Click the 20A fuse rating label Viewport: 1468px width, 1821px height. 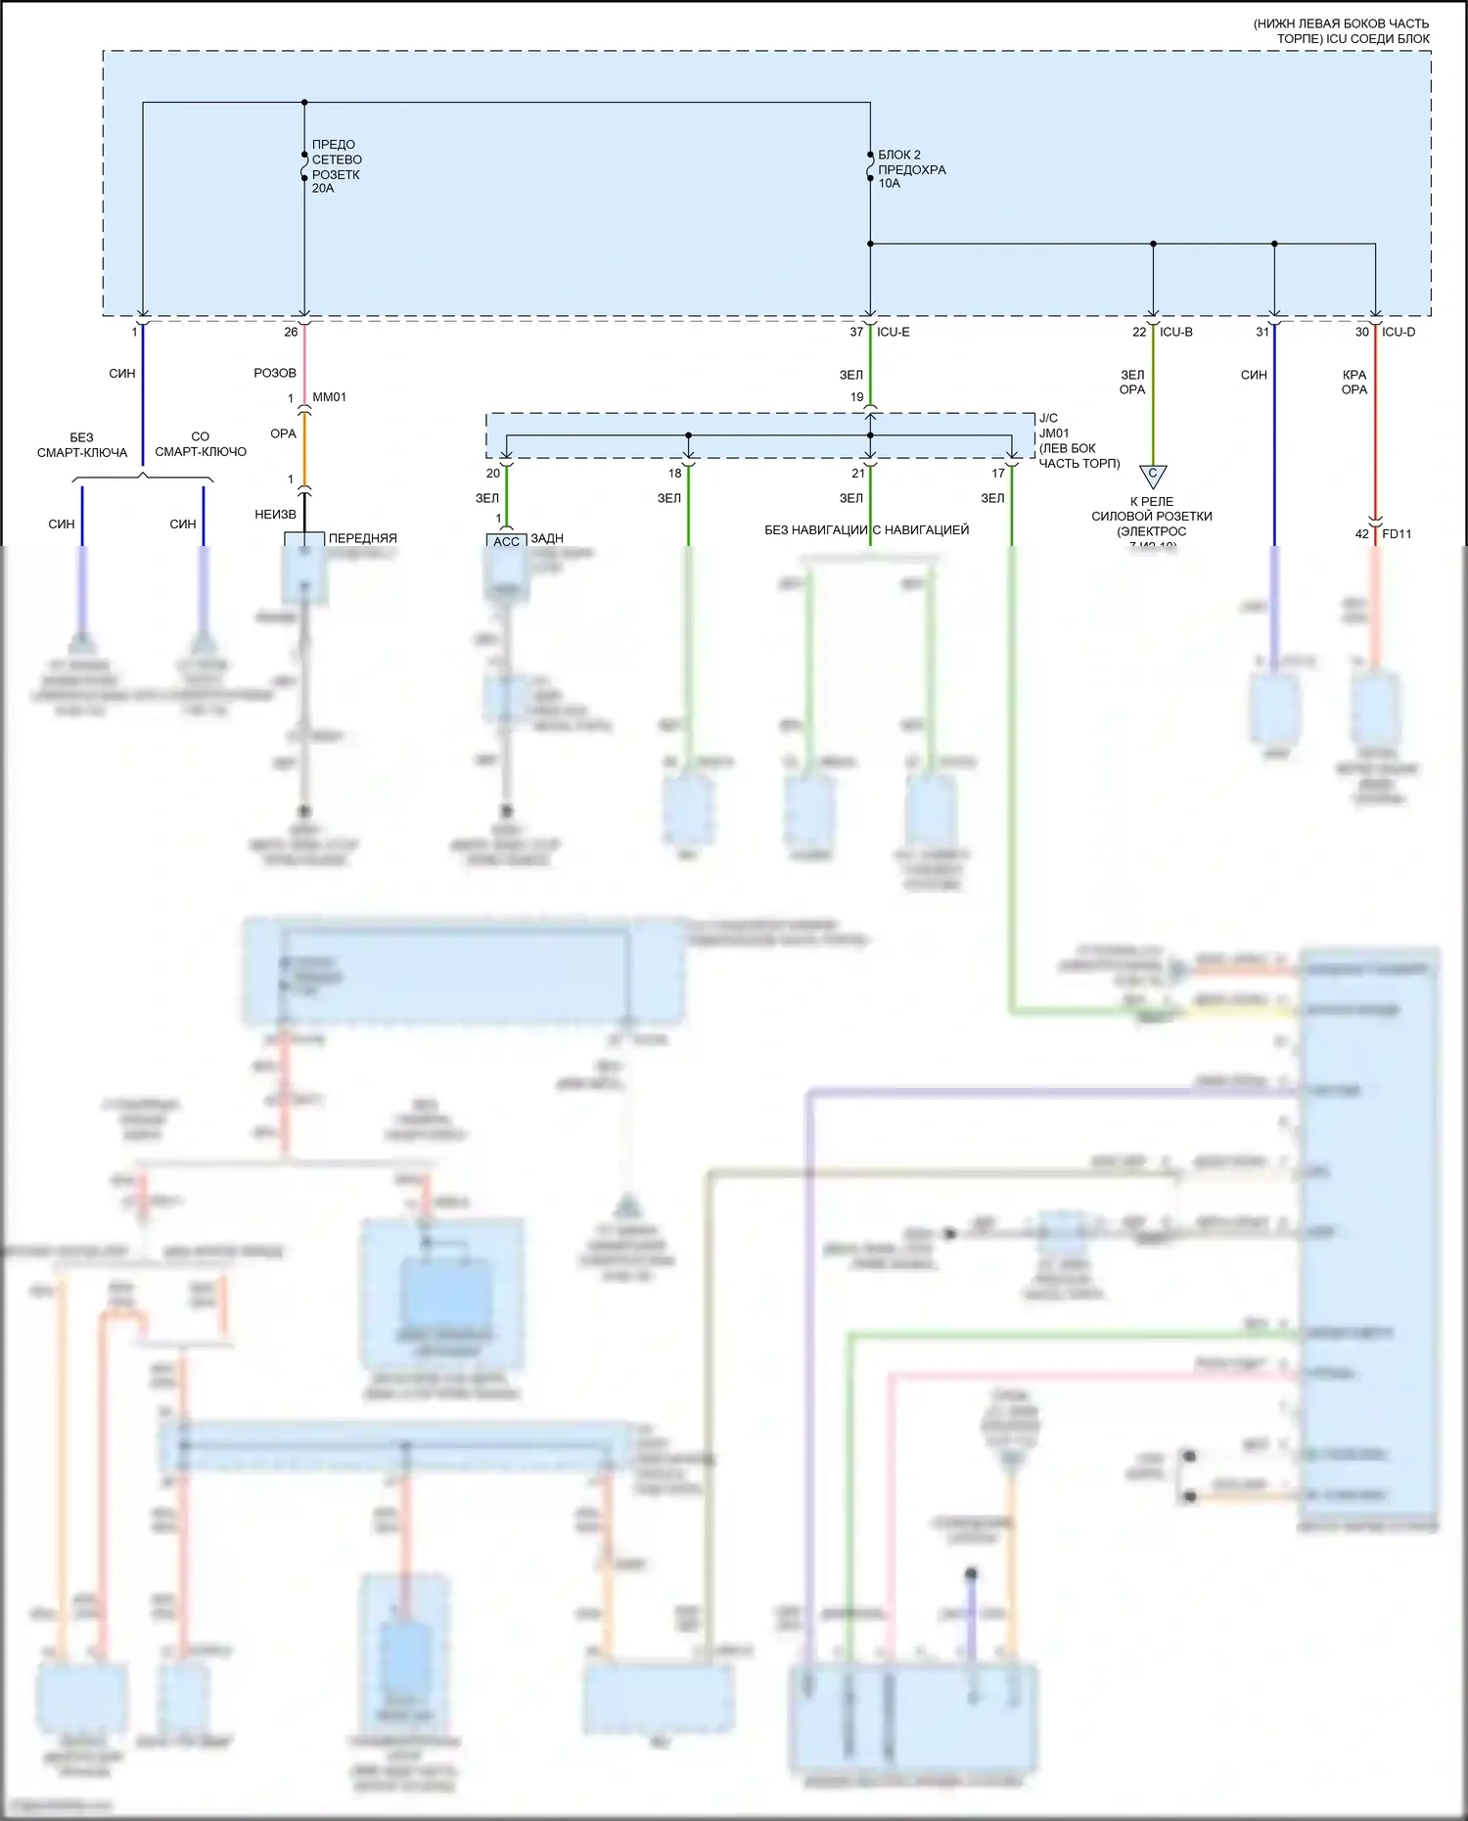click(x=323, y=189)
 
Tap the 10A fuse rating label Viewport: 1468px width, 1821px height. click(x=889, y=184)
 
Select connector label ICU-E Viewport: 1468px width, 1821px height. click(x=894, y=333)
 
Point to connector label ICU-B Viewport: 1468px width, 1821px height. click(x=1176, y=333)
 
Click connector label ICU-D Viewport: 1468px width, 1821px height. click(x=1399, y=333)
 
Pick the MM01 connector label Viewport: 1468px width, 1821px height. click(x=330, y=397)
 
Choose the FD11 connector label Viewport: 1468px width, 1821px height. click(x=1397, y=534)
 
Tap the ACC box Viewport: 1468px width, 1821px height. click(x=506, y=541)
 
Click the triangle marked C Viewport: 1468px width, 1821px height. click(x=1153, y=476)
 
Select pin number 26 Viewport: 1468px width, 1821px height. click(x=291, y=333)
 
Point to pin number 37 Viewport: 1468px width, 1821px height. click(x=856, y=333)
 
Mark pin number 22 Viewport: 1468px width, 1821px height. click(x=1139, y=333)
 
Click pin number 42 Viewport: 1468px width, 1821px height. click(x=1362, y=534)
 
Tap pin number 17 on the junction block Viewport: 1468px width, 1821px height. click(x=998, y=474)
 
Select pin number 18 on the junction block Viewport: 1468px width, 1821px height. click(x=675, y=474)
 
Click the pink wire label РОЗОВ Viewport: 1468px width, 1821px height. click(x=275, y=373)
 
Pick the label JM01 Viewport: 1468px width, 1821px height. click(x=1054, y=433)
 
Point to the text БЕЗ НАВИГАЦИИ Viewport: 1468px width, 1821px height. click(x=816, y=530)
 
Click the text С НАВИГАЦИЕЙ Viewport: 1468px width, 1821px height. click(x=921, y=530)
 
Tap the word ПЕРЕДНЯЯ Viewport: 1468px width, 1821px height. click(x=363, y=539)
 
